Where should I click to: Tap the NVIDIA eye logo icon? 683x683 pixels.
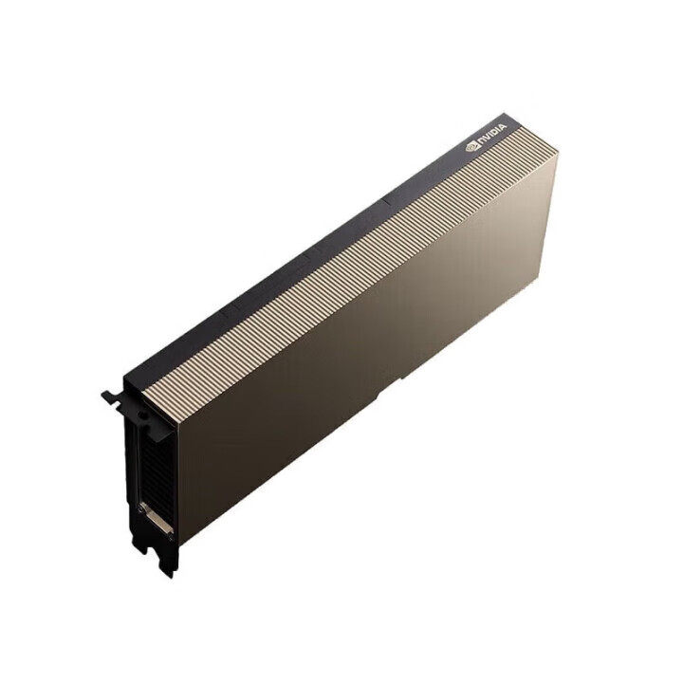(x=472, y=147)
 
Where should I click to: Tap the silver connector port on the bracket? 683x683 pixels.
(x=157, y=517)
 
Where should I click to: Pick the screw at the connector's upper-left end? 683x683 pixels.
(x=143, y=504)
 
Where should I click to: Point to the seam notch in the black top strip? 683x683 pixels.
(x=390, y=199)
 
